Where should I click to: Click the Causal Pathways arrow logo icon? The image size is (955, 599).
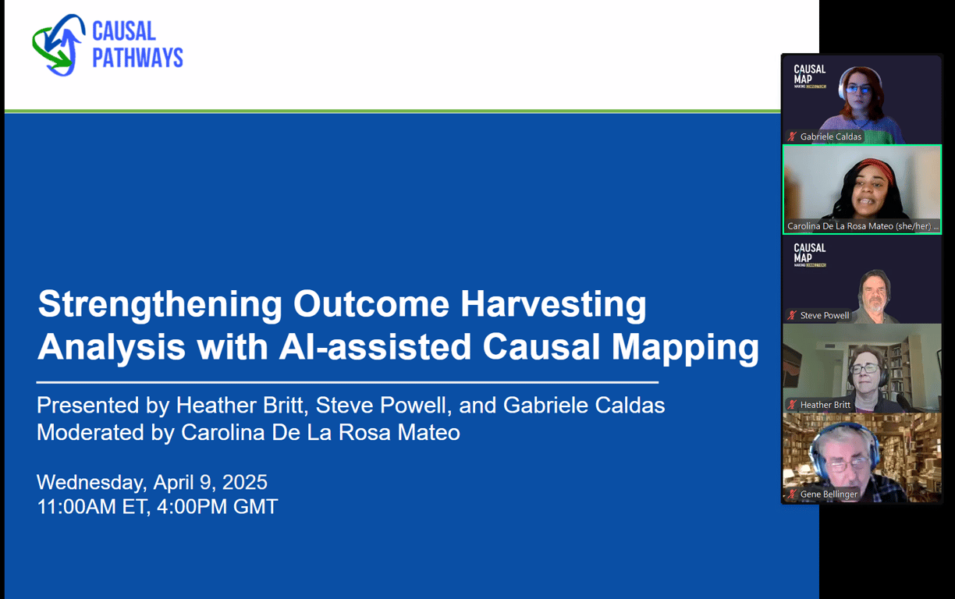click(x=59, y=44)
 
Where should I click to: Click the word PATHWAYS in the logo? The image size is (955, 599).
click(x=138, y=58)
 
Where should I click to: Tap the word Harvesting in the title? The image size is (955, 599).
click(x=553, y=303)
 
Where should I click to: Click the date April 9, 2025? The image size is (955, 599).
click(x=207, y=481)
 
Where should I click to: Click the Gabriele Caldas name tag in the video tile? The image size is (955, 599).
click(x=830, y=136)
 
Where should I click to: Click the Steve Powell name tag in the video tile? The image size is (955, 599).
click(x=824, y=316)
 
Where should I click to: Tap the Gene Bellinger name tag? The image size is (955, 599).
click(x=828, y=494)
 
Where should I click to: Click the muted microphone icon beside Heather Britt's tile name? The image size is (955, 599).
click(x=792, y=405)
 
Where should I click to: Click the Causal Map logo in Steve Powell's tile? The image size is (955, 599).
click(x=808, y=254)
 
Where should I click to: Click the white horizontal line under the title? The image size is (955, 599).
click(x=347, y=382)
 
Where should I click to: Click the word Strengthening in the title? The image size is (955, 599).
click(x=160, y=303)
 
